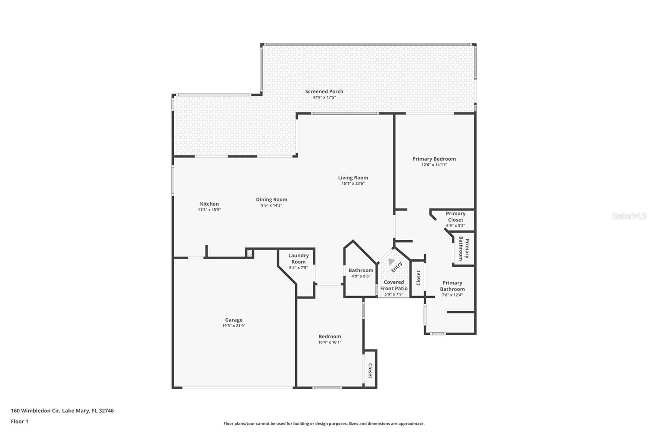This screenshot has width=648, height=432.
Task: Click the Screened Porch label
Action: point(324,92)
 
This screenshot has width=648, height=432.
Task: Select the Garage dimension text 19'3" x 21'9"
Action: point(234,325)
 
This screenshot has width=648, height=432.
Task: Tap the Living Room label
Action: point(353,178)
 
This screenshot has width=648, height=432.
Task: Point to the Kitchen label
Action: point(209,204)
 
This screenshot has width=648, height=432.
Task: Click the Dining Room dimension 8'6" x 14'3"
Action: point(271,205)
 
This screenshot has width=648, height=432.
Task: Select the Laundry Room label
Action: point(298,259)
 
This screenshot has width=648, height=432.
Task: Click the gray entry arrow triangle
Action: point(391,262)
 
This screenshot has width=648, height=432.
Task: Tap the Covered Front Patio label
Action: point(394,285)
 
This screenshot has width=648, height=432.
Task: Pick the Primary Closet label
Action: point(455,217)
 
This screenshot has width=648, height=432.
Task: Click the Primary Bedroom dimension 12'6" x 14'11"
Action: point(434,165)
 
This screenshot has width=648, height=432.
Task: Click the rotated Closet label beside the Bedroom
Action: point(370,371)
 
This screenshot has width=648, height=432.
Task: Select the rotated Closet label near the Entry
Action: point(418,278)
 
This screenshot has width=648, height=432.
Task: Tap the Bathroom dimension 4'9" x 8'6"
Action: point(360,276)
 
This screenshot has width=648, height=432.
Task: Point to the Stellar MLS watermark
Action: point(629,216)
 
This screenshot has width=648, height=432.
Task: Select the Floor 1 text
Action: point(19,421)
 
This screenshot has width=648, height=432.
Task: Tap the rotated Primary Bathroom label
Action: point(464,249)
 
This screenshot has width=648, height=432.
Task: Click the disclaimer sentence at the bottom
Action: point(324,423)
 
